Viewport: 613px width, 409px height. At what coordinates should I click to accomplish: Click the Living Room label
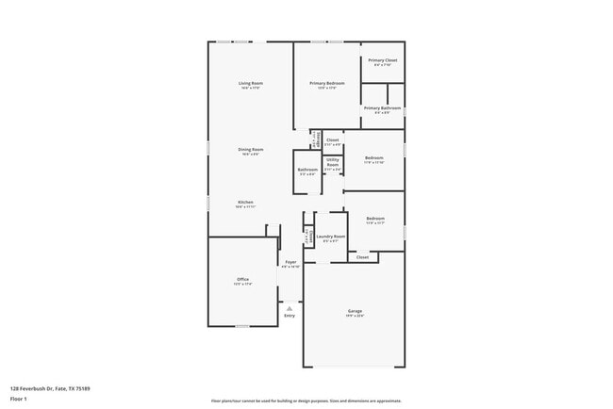(x=250, y=84)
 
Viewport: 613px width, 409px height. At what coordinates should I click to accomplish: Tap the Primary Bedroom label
(x=327, y=84)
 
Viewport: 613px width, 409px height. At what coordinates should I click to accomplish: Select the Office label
(x=242, y=280)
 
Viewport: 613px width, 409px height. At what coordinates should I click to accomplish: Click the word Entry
(x=290, y=315)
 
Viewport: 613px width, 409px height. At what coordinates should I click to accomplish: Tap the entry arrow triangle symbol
(x=290, y=307)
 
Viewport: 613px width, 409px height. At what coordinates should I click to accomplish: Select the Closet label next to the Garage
(x=362, y=256)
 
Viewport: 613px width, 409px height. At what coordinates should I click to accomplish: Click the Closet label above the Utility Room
(x=333, y=140)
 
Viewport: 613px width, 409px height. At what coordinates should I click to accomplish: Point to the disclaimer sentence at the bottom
(x=306, y=401)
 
